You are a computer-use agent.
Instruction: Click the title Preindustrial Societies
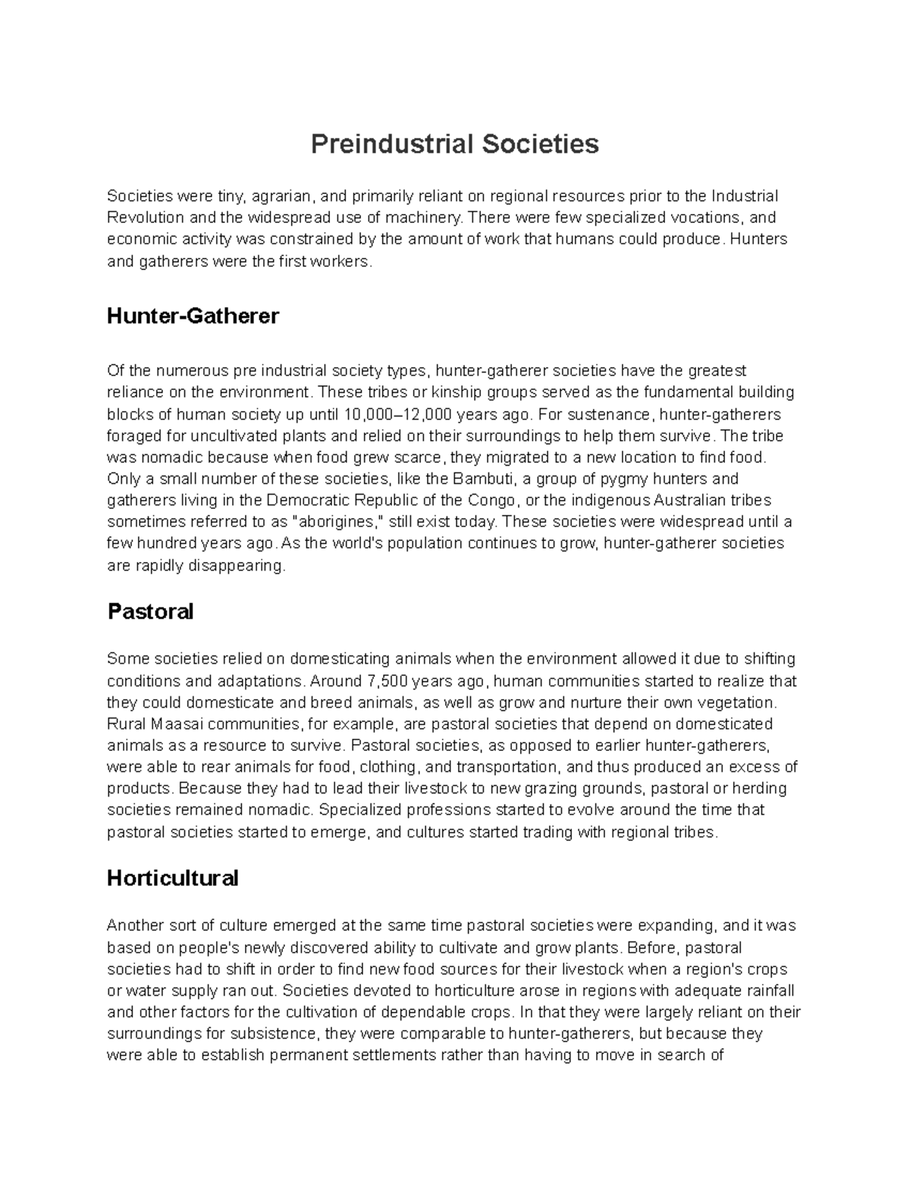tap(454, 143)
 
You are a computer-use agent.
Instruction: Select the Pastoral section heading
tap(150, 611)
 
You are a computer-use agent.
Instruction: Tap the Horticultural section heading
tap(172, 878)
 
